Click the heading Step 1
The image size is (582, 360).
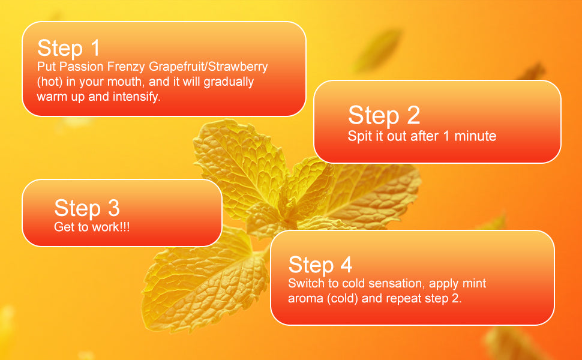(69, 48)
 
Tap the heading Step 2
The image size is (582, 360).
(384, 115)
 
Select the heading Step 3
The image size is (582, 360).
(87, 208)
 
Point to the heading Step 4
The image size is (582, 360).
(320, 265)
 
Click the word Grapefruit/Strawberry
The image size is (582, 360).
(208, 67)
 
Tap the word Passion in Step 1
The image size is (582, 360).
(81, 67)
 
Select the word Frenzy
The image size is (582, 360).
(126, 67)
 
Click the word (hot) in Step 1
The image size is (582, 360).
(50, 82)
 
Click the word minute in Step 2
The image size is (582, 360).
(475, 136)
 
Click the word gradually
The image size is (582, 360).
(229, 82)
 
